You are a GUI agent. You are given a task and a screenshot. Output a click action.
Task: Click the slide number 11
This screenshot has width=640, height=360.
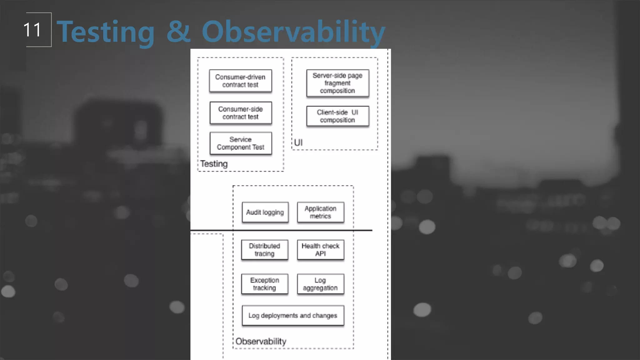[x=32, y=30]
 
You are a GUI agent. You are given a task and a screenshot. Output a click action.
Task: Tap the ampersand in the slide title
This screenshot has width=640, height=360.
[x=178, y=31]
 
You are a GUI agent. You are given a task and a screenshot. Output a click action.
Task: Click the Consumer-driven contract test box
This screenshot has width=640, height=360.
[x=240, y=81]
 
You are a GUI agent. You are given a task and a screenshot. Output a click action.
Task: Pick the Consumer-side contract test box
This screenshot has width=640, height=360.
[x=241, y=113]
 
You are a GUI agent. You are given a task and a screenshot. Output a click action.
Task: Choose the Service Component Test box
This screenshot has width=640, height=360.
[x=241, y=143]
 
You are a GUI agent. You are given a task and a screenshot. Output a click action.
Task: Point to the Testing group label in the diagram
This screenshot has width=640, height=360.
[x=214, y=164]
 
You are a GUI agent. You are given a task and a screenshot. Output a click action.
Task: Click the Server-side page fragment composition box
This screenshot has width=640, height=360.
[x=337, y=83]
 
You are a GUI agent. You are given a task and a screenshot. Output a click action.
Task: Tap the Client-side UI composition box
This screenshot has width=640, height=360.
[x=337, y=116]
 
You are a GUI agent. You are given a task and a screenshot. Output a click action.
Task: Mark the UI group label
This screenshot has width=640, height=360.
[x=298, y=142]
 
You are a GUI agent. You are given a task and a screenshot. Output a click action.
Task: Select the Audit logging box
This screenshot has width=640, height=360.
[x=265, y=212]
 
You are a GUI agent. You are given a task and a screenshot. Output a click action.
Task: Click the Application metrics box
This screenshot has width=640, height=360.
[x=321, y=212]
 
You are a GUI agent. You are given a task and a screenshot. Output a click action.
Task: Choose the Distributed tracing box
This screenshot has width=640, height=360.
[x=265, y=250]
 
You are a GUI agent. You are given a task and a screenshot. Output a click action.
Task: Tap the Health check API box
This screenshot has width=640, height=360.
[x=321, y=250]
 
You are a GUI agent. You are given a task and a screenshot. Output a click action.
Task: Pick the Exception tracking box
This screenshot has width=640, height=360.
[x=265, y=284]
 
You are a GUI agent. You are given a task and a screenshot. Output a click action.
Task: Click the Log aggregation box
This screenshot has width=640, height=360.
[x=321, y=284]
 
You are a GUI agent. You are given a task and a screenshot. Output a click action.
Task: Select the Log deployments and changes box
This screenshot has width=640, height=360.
[x=293, y=316]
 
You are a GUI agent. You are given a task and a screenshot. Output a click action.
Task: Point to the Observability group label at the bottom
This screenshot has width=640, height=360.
[x=261, y=341]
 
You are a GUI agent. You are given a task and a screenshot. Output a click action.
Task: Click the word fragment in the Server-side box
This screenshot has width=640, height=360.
[x=337, y=83]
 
